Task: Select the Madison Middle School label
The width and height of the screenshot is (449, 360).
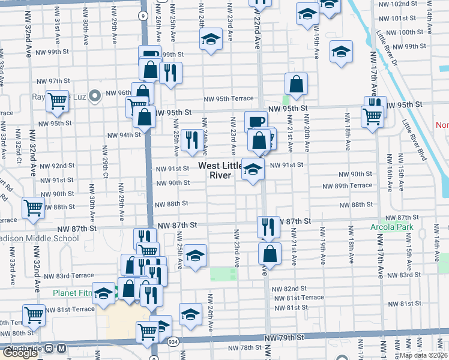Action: coord(39,238)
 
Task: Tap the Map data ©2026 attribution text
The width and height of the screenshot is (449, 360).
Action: coord(424,355)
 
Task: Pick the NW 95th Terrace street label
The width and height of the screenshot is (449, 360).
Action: coord(229,99)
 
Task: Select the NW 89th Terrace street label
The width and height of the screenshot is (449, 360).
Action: coord(354,185)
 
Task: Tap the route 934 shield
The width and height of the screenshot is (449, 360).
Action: coord(173,341)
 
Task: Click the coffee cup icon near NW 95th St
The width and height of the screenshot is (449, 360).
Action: coord(256,121)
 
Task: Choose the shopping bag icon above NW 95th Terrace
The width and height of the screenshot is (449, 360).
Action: coord(296,84)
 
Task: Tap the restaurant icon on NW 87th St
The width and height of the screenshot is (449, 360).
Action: coord(268,226)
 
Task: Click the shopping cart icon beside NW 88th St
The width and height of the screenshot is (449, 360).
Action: coord(33,208)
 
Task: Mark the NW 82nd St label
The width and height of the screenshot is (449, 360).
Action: coord(285,289)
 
